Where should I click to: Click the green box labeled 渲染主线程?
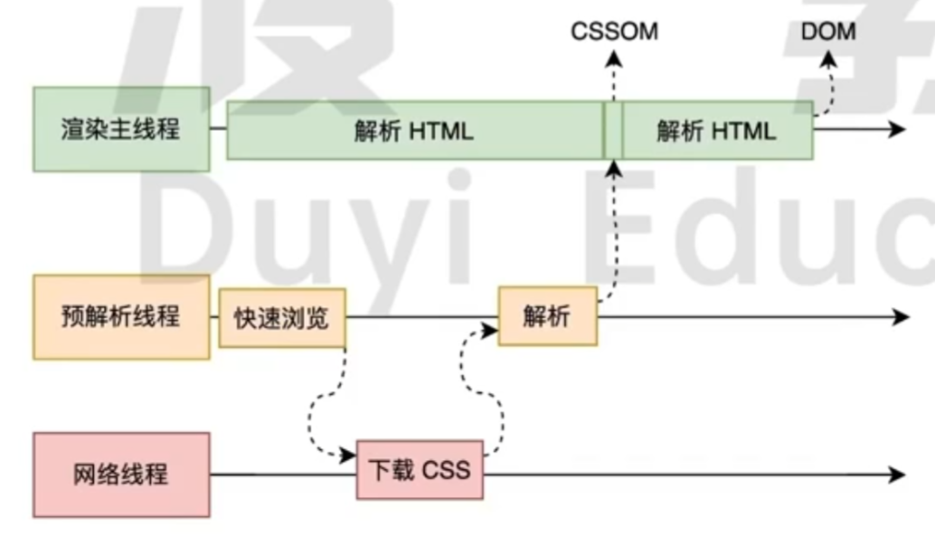tap(121, 129)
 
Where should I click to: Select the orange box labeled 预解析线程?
tap(121, 317)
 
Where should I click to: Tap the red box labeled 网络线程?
tap(121, 474)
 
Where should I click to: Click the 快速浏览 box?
tap(282, 318)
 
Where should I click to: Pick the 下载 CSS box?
tap(420, 470)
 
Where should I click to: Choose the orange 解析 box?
tap(547, 316)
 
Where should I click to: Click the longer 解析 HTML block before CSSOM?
tap(414, 130)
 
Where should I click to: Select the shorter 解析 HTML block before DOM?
tap(716, 130)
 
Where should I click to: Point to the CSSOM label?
tap(614, 33)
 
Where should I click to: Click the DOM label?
tap(828, 33)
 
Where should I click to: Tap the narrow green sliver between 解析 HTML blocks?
tap(613, 130)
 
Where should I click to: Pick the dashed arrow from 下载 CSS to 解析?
tap(488, 380)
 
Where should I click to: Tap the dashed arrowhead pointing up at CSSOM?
tap(614, 60)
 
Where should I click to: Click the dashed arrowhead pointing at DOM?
tap(828, 61)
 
